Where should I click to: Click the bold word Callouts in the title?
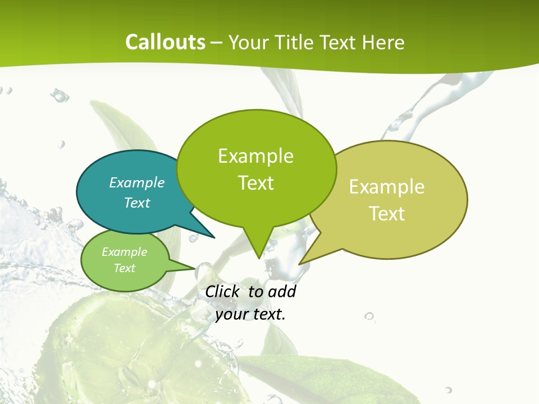pyautogui.click(x=166, y=42)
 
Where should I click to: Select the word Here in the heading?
pyautogui.click(x=383, y=42)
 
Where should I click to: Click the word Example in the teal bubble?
pyautogui.click(x=137, y=182)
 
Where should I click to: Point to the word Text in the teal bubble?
pyautogui.click(x=137, y=203)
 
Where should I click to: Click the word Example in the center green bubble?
pyautogui.click(x=255, y=156)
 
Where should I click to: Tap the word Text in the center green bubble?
pyautogui.click(x=255, y=183)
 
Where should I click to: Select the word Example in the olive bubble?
pyautogui.click(x=387, y=187)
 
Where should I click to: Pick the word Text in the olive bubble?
pyautogui.click(x=387, y=214)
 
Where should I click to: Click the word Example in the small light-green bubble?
pyautogui.click(x=125, y=252)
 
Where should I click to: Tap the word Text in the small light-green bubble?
pyautogui.click(x=125, y=268)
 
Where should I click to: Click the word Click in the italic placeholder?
pyautogui.click(x=223, y=291)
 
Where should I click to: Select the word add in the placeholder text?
pyautogui.click(x=282, y=291)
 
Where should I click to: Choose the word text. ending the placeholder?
pyautogui.click(x=268, y=314)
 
